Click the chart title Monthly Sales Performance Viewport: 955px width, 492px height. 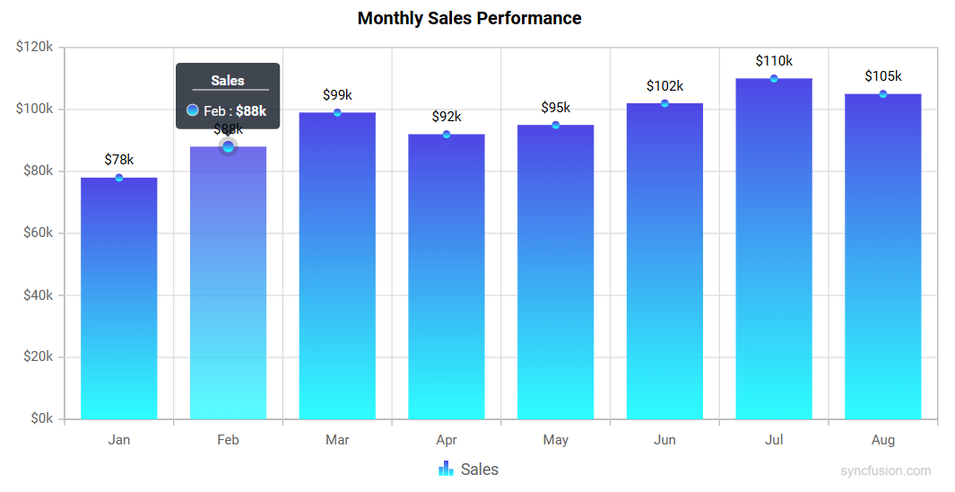(469, 18)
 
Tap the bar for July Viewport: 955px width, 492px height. (774, 251)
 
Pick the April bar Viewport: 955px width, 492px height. (447, 278)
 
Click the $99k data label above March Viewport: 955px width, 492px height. (337, 94)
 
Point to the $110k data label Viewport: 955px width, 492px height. (774, 61)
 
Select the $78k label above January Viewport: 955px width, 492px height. (119, 160)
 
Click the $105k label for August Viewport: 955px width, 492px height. (883, 76)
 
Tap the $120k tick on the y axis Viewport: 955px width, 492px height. (35, 47)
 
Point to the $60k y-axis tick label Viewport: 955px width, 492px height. (35, 233)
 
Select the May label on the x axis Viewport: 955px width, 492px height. (556, 440)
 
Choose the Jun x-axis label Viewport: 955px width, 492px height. (664, 440)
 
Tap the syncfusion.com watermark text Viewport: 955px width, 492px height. (886, 470)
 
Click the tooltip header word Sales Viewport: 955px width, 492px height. (228, 81)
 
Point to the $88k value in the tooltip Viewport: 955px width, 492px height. (251, 111)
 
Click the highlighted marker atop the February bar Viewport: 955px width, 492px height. (228, 146)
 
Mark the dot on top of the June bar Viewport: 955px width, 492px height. (664, 103)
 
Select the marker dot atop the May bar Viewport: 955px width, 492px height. (556, 125)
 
